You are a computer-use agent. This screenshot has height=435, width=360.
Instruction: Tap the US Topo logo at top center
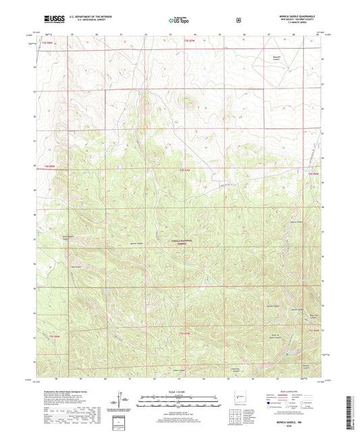[180, 20]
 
